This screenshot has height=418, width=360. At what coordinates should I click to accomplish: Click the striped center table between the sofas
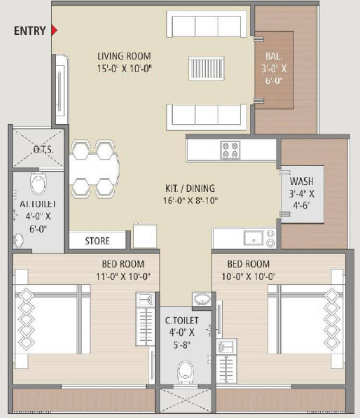[204, 71]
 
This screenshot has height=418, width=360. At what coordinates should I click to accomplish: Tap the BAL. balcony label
[273, 56]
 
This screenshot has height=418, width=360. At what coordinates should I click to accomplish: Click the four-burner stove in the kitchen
[230, 148]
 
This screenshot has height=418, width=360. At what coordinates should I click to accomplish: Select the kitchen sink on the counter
[253, 237]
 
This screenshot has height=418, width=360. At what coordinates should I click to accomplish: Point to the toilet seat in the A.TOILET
[39, 185]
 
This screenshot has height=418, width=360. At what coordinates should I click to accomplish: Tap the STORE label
[97, 241]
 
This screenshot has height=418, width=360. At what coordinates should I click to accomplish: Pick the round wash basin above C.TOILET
[201, 300]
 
